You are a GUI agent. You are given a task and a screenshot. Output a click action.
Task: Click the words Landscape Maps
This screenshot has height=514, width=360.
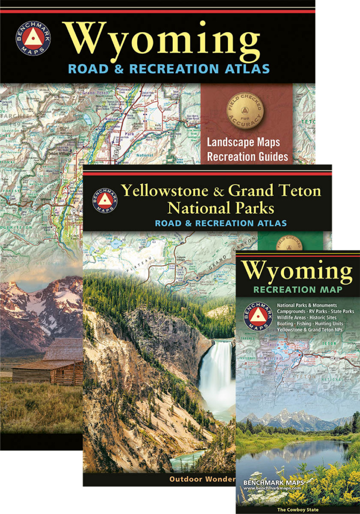point(244,143)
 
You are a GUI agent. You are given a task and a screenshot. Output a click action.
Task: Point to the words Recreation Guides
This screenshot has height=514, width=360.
point(248,157)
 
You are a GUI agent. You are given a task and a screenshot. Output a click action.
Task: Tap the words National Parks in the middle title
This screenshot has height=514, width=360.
point(221,207)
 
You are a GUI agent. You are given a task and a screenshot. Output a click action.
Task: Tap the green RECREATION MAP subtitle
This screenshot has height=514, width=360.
point(298,290)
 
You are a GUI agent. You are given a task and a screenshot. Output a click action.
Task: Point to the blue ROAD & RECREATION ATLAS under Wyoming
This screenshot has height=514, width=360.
point(168,69)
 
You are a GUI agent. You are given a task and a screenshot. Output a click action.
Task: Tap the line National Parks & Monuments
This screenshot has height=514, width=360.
point(306,305)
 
